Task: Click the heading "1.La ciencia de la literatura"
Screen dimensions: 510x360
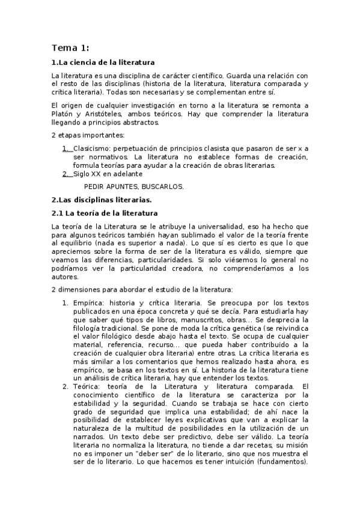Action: pos(103,62)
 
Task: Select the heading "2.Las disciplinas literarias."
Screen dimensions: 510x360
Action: pos(101,199)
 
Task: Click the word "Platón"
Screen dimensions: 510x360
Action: pos(64,114)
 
